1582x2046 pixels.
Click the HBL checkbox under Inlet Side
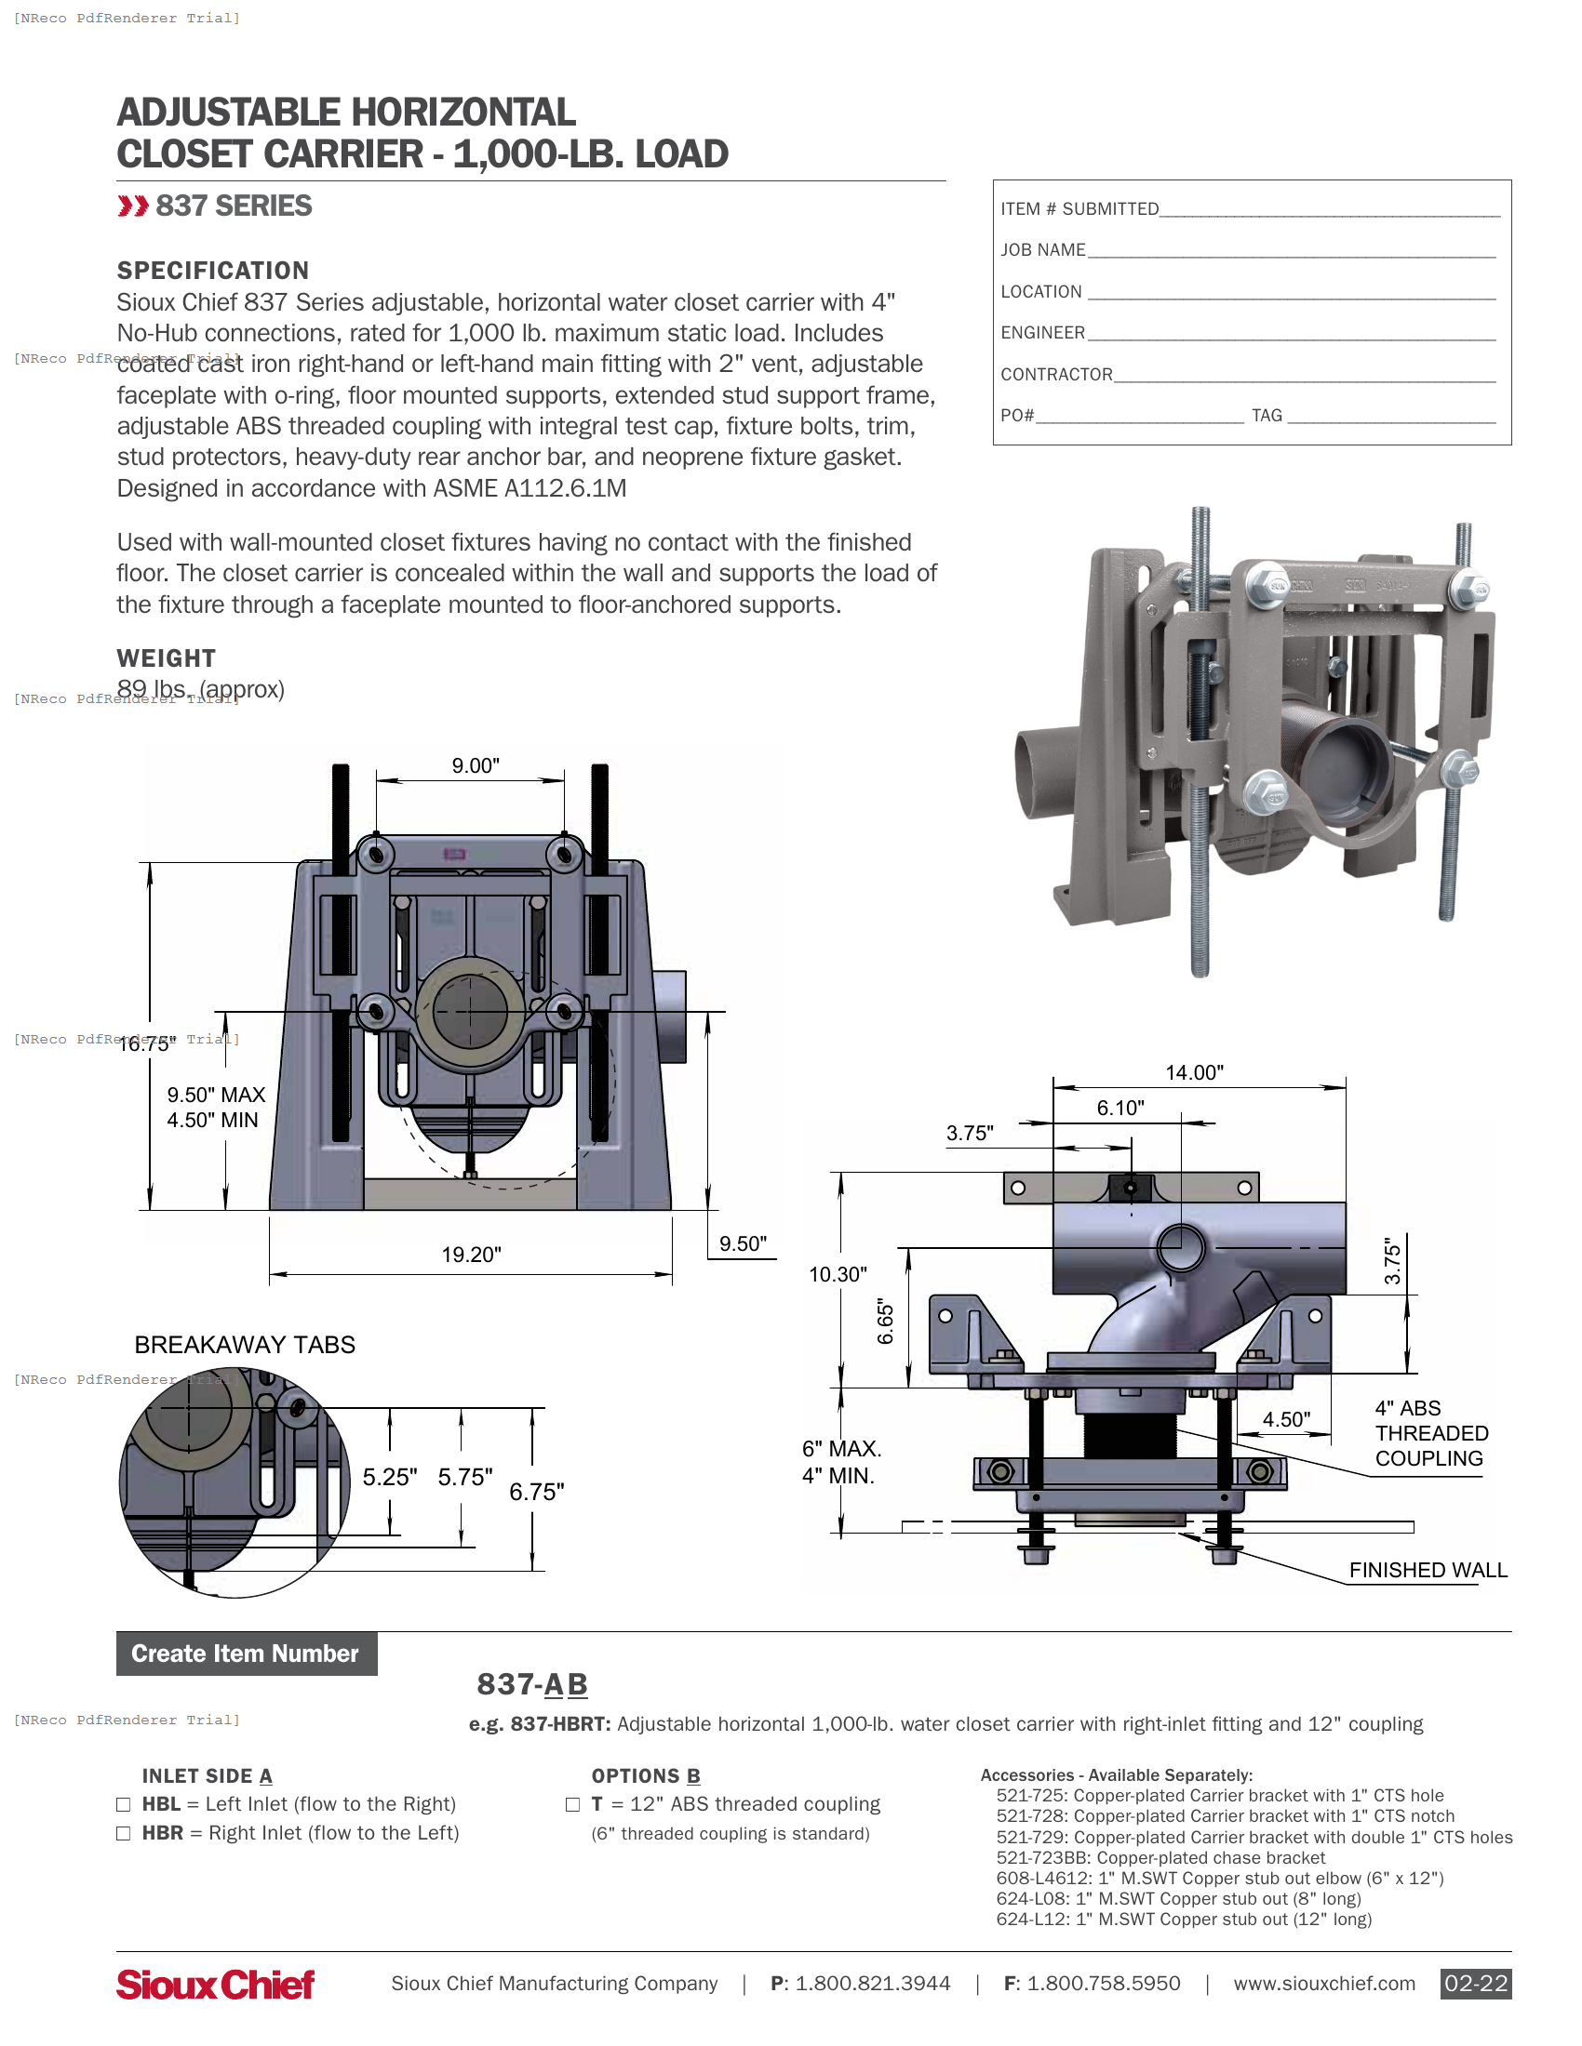[123, 1804]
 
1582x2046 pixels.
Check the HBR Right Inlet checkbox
[123, 1833]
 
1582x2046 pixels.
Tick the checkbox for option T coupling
[572, 1804]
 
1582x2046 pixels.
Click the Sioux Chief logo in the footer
[215, 1985]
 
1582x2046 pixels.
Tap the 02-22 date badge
[1475, 1984]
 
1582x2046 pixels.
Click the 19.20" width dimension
[472, 1255]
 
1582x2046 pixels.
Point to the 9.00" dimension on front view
[476, 765]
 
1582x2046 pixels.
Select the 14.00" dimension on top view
[1194, 1071]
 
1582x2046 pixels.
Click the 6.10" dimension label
[1119, 1108]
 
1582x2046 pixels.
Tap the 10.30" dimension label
[838, 1274]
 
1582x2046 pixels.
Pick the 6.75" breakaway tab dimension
[536, 1492]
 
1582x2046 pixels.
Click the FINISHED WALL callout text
[1428, 1570]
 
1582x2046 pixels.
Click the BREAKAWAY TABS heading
[245, 1345]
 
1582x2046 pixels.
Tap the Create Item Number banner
[246, 1654]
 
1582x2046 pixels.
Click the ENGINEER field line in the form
[1291, 334]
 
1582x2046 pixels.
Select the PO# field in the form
[1139, 416]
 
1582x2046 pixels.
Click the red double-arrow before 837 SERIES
[133, 206]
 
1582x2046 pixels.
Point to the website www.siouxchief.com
[1323, 1984]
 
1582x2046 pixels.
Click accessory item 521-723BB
[1160, 1858]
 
